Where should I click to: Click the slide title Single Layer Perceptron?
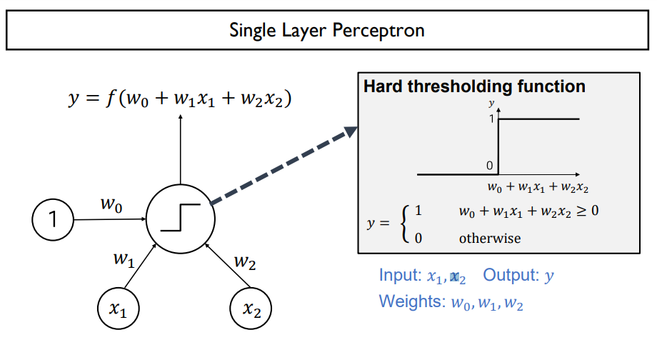pyautogui.click(x=327, y=30)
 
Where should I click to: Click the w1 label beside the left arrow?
pyautogui.click(x=124, y=261)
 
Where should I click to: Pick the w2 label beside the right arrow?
pyautogui.click(x=245, y=262)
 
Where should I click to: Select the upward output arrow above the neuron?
pyautogui.click(x=180, y=150)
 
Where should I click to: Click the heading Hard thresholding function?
pyautogui.click(x=474, y=87)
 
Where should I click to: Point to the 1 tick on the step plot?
pyautogui.click(x=491, y=119)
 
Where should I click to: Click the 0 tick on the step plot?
pyautogui.click(x=490, y=166)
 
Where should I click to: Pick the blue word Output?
pyautogui.click(x=508, y=276)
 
